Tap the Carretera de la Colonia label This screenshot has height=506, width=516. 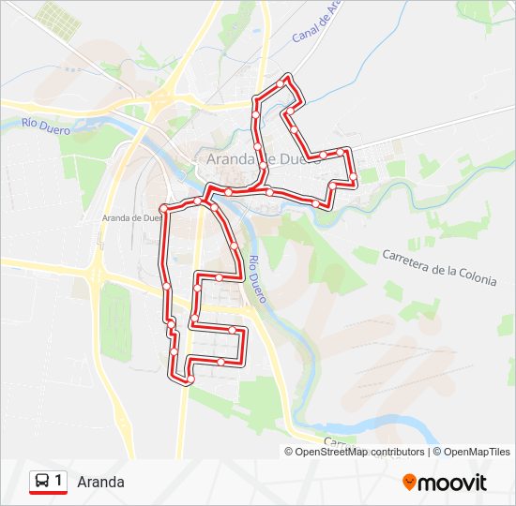click(x=439, y=268)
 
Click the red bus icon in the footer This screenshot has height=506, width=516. click(x=42, y=482)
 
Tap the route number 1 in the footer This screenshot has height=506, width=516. click(x=59, y=482)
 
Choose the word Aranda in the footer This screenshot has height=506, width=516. click(x=101, y=483)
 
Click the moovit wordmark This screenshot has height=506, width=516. click(x=453, y=483)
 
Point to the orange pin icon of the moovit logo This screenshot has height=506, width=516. click(x=410, y=482)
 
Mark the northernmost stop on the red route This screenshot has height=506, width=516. click(x=287, y=77)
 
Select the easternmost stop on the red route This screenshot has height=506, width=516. click(x=354, y=177)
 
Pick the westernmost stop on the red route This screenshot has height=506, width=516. click(x=163, y=207)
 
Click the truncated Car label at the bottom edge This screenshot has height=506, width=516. click(x=336, y=441)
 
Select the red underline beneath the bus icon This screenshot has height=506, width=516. click(x=48, y=494)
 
